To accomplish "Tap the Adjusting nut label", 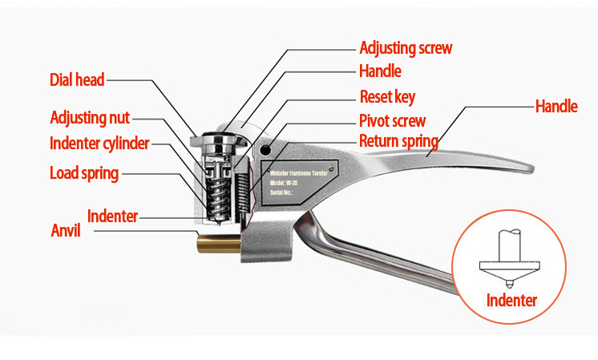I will click(90, 118).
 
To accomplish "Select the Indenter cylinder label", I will click(99, 144).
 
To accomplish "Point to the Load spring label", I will click(84, 172).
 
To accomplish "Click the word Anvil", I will click(67, 231).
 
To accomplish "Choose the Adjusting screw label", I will click(406, 47).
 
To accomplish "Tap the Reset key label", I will click(387, 97).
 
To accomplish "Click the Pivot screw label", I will click(392, 121).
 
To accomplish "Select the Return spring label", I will click(398, 142).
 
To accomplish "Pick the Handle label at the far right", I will click(556, 106).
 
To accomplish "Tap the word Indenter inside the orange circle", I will click(511, 301).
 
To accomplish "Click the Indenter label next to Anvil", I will click(112, 216).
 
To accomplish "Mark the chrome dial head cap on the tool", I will click(218, 141).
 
